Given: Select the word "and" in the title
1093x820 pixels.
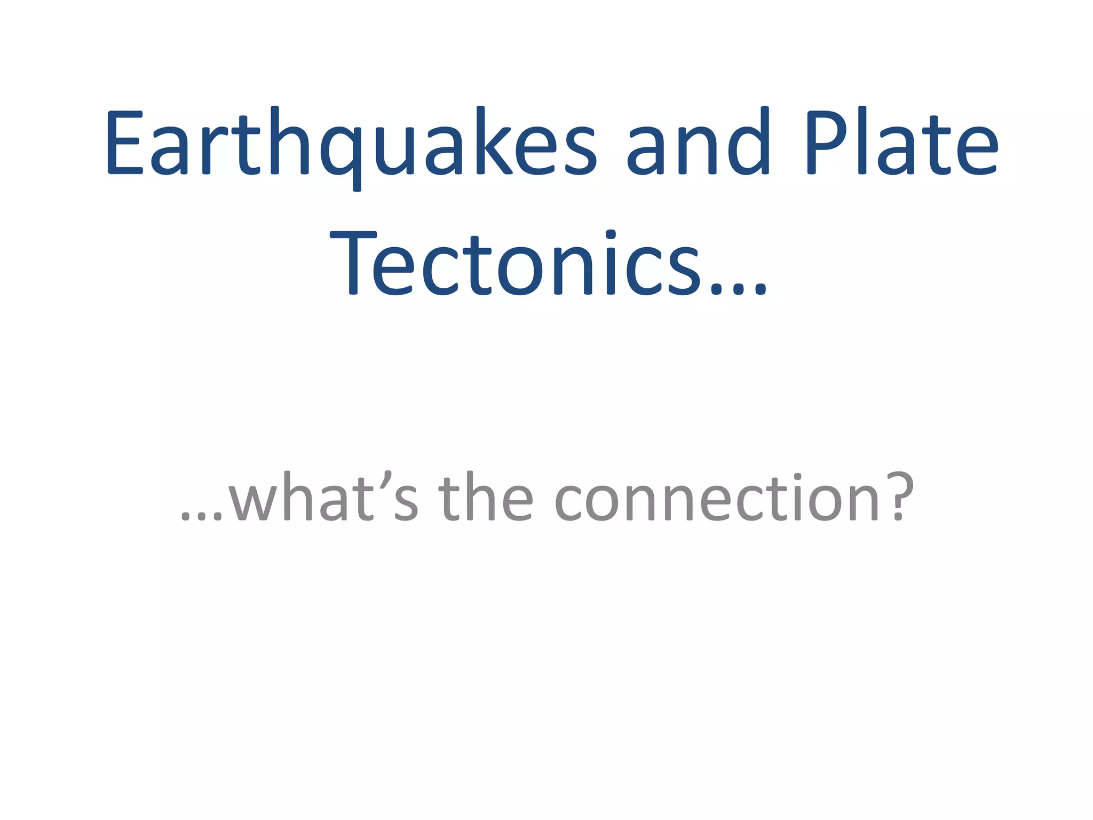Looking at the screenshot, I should point(698,143).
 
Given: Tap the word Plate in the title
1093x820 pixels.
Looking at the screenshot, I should point(901,143).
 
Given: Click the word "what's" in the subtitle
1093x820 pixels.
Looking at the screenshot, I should point(323,498).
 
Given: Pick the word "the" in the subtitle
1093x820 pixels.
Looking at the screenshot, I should point(486,498).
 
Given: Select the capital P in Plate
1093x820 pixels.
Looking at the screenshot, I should point(828,143).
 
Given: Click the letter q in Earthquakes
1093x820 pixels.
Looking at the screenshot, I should point(341,152).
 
